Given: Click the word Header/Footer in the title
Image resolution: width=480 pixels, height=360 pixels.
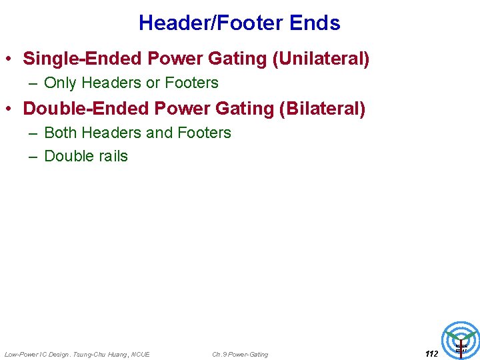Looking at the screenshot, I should [211, 23].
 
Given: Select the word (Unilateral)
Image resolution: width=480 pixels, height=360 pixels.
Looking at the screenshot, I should [321, 59].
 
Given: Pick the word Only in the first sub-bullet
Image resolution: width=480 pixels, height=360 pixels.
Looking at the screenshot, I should [60, 83].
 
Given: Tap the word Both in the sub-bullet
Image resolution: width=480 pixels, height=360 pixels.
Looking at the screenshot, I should [60, 133].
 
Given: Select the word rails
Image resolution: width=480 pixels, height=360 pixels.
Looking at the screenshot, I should [111, 156].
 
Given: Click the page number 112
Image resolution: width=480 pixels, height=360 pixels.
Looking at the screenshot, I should [431, 354].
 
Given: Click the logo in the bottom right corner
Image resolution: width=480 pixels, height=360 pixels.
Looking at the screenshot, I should [461, 341].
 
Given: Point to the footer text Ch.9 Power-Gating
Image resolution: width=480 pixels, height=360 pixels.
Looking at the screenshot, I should [240, 354].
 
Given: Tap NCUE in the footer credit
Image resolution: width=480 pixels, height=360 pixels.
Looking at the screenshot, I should [141, 354].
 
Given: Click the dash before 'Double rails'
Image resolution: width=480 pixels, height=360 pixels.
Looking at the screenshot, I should [33, 156].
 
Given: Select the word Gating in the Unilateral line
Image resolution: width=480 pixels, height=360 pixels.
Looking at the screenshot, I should [239, 59].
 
